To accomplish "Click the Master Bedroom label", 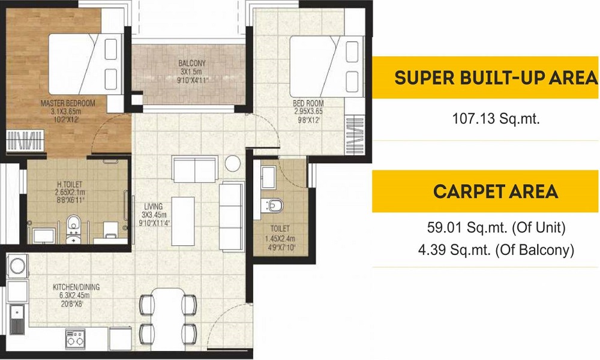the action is [68, 103].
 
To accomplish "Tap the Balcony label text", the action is [192, 63].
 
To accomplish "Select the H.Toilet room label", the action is [70, 184].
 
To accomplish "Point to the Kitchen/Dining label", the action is [76, 287].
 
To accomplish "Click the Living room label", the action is [153, 206].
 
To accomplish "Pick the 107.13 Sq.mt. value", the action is [496, 119].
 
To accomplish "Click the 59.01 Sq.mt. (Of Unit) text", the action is [496, 228].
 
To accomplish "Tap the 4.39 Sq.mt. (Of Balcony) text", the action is [496, 250].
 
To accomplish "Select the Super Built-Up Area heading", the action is [496, 77].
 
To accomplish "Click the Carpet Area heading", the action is [496, 191].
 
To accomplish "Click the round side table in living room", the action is [233, 163].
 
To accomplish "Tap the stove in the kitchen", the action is [75, 339].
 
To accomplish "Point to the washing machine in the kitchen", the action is [17, 266].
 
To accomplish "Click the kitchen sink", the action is [17, 320].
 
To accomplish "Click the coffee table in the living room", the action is [183, 221].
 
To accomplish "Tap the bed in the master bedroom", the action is [86, 64].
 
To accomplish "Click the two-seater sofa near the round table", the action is [195, 169].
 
